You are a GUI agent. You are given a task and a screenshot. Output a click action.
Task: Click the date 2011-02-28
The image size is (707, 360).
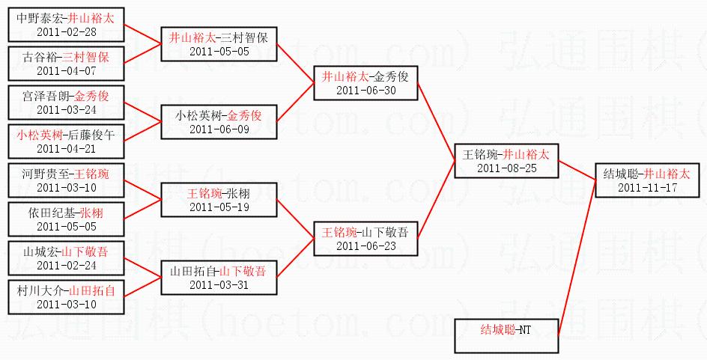[x=65, y=31]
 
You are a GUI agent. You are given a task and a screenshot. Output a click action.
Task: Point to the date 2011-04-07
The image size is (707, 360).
[x=65, y=71]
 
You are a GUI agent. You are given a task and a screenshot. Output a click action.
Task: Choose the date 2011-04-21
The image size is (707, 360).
[x=65, y=149]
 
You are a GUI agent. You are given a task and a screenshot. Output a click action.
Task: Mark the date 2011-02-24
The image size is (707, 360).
[x=65, y=266]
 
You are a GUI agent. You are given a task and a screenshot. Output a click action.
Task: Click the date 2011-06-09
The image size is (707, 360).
[x=218, y=129]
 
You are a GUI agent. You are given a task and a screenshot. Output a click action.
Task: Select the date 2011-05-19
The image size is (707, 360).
[x=218, y=207]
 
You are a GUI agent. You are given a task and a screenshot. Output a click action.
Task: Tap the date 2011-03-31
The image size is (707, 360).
[x=218, y=285]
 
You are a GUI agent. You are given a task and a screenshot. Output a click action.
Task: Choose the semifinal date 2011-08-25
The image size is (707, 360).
[x=506, y=168]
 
